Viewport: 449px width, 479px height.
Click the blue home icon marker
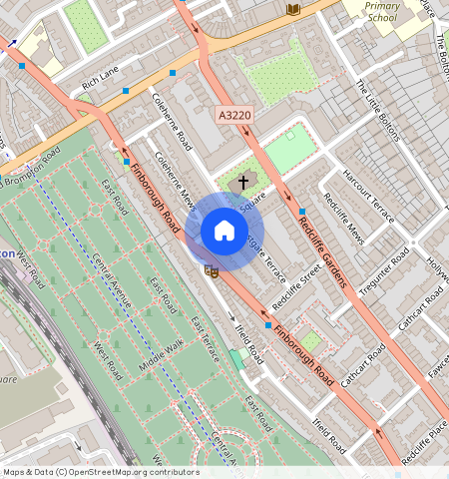pos(224,232)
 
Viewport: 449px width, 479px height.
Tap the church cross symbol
pos(242,184)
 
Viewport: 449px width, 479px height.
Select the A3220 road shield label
pos(234,117)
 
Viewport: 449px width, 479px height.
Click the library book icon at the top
pos(293,9)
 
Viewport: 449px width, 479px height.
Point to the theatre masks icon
pos(211,269)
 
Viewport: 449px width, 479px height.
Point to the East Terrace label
pos(206,338)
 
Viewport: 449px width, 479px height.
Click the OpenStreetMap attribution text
pos(100,472)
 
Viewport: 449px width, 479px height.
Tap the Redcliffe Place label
pos(425,443)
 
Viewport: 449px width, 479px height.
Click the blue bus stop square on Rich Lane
pos(126,91)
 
